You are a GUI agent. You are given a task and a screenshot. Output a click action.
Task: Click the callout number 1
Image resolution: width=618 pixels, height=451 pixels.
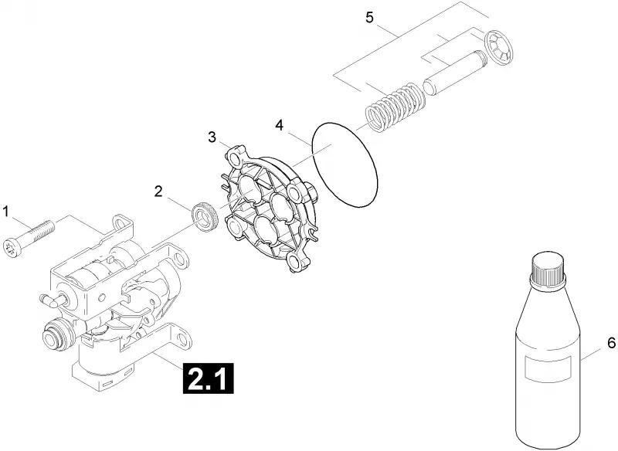pos(5,212)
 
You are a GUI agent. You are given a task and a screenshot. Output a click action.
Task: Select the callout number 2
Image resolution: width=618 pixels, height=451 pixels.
pos(158,192)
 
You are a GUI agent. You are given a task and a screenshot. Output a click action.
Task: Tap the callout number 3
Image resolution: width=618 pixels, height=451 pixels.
pos(212,137)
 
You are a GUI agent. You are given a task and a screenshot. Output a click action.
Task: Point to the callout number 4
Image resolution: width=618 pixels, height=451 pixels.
pos(279,126)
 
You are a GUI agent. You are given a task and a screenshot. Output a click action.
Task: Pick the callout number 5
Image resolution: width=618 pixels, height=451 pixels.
pos(369,18)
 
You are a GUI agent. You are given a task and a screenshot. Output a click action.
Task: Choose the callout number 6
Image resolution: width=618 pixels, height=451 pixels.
pos(611,344)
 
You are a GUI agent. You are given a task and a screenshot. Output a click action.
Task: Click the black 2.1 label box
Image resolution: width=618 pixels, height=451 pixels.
pos(208,379)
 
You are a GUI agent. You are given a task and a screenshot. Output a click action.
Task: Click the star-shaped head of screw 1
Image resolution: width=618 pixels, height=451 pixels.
pos(10,248)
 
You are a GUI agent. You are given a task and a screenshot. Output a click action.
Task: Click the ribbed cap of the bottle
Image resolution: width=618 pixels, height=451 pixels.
pos(548,267)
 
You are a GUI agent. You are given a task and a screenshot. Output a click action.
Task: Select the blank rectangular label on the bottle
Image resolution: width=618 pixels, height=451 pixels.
pos(548,368)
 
